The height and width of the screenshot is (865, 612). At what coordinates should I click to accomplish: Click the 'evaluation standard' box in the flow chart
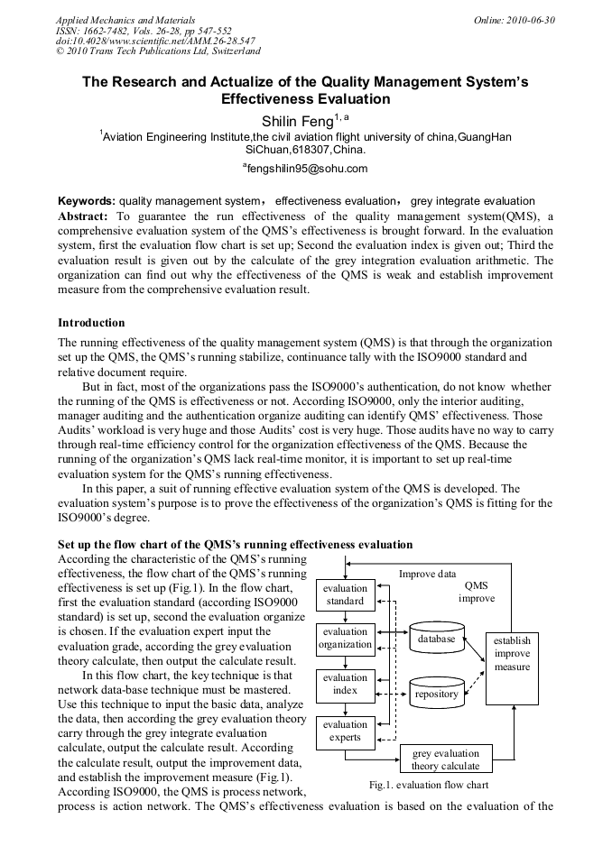[345, 594]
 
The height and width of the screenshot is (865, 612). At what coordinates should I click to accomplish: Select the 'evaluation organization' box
[345, 638]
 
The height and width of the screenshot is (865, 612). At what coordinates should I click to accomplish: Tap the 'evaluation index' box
[345, 684]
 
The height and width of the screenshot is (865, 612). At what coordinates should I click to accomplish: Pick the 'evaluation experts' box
[345, 731]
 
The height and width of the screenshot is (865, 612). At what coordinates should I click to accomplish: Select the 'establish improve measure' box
[512, 654]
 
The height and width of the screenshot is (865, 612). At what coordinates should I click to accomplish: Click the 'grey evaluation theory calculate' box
[445, 759]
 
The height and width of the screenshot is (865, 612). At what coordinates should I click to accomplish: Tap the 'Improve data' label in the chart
[427, 574]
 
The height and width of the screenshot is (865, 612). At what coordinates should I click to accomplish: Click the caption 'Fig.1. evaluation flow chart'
[429, 785]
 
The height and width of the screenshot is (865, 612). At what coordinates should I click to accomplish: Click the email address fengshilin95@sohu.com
[305, 169]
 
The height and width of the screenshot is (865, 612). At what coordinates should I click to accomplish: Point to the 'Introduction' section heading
[91, 323]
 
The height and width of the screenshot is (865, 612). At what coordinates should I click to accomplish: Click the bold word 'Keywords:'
[87, 201]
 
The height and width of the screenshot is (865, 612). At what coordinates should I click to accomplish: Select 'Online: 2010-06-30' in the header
[515, 20]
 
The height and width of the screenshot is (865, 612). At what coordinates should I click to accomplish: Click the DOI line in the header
[155, 41]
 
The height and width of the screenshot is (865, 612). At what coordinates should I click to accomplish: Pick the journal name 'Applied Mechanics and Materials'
[125, 20]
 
